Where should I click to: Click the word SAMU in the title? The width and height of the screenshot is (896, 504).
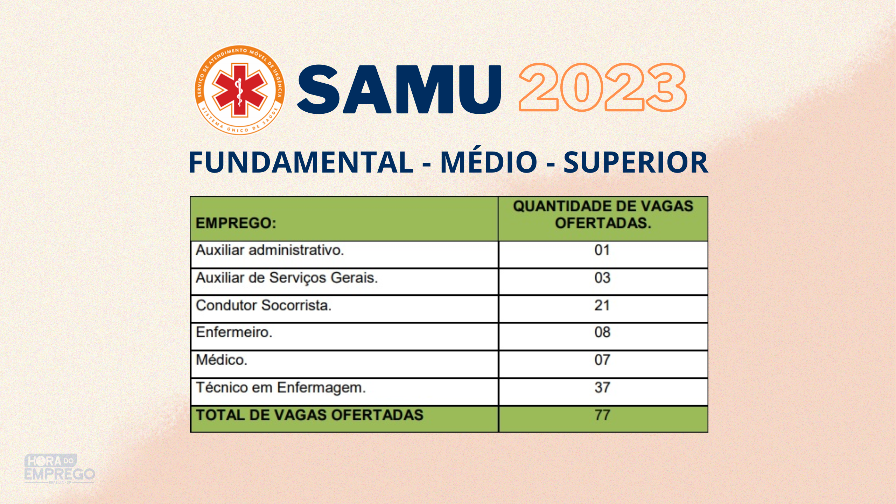(x=399, y=90)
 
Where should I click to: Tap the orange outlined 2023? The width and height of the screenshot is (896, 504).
(x=602, y=87)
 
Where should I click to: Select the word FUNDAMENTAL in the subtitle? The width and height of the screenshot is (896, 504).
(x=301, y=162)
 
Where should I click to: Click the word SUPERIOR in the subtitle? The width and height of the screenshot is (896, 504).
(x=636, y=162)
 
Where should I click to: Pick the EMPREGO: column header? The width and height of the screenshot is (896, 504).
(x=236, y=223)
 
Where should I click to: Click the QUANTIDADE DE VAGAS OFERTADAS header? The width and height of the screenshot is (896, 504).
(x=603, y=215)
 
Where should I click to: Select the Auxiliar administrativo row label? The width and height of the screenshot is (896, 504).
(x=270, y=250)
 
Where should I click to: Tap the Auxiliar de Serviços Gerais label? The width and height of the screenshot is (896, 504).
(x=287, y=278)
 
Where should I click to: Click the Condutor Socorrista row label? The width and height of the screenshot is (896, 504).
(x=264, y=305)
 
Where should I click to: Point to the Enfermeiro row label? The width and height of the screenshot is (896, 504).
(x=234, y=332)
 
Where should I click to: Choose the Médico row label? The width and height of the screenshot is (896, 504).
(x=222, y=359)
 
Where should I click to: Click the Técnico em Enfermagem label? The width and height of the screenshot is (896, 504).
(x=281, y=387)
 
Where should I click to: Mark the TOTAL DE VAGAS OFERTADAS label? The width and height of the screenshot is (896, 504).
(x=309, y=415)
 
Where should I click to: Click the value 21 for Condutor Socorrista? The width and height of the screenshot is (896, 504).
(x=602, y=306)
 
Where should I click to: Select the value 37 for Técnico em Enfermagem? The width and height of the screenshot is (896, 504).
(x=602, y=387)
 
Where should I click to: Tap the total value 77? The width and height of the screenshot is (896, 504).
(x=602, y=415)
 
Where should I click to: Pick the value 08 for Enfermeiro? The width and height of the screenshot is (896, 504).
(x=602, y=332)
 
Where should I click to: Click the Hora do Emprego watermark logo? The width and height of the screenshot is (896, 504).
(x=59, y=468)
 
